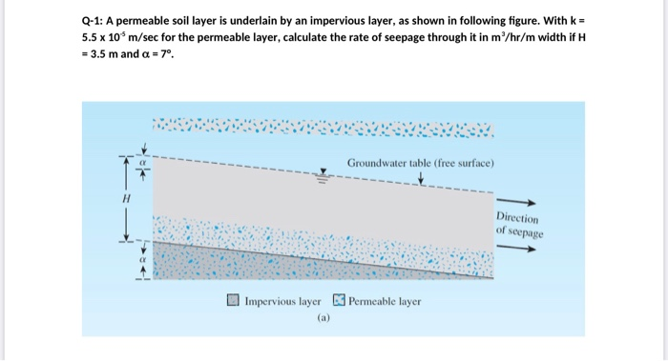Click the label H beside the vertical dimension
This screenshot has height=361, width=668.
(x=124, y=201)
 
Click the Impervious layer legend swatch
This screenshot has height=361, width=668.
(x=234, y=301)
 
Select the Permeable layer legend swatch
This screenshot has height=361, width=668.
(x=340, y=301)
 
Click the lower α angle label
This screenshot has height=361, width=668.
(x=140, y=257)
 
